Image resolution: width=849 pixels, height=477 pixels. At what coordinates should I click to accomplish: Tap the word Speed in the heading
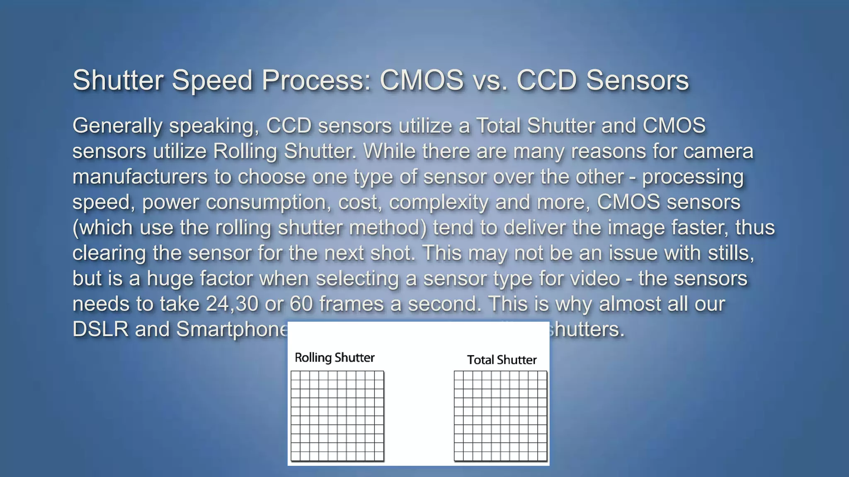click(x=212, y=80)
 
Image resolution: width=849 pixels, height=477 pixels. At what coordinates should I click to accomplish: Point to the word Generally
click(x=117, y=126)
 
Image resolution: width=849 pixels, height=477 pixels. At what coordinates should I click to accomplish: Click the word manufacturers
click(x=140, y=177)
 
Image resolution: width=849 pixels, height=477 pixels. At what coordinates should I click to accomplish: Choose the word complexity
click(x=439, y=202)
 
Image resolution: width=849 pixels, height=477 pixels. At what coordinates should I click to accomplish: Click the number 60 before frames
click(x=301, y=304)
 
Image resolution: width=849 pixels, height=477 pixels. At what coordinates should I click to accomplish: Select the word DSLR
click(x=100, y=330)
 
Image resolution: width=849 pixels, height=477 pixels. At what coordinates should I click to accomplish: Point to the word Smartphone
click(x=232, y=330)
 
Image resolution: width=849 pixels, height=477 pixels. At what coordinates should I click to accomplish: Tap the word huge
click(x=170, y=279)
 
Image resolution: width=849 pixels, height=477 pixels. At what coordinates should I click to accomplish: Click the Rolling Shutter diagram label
click(x=335, y=358)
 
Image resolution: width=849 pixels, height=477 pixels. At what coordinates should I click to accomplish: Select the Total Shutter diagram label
click(x=502, y=360)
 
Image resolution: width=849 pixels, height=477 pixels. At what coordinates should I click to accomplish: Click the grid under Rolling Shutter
click(x=337, y=416)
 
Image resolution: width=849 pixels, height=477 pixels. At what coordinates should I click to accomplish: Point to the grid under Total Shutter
click(x=500, y=416)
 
